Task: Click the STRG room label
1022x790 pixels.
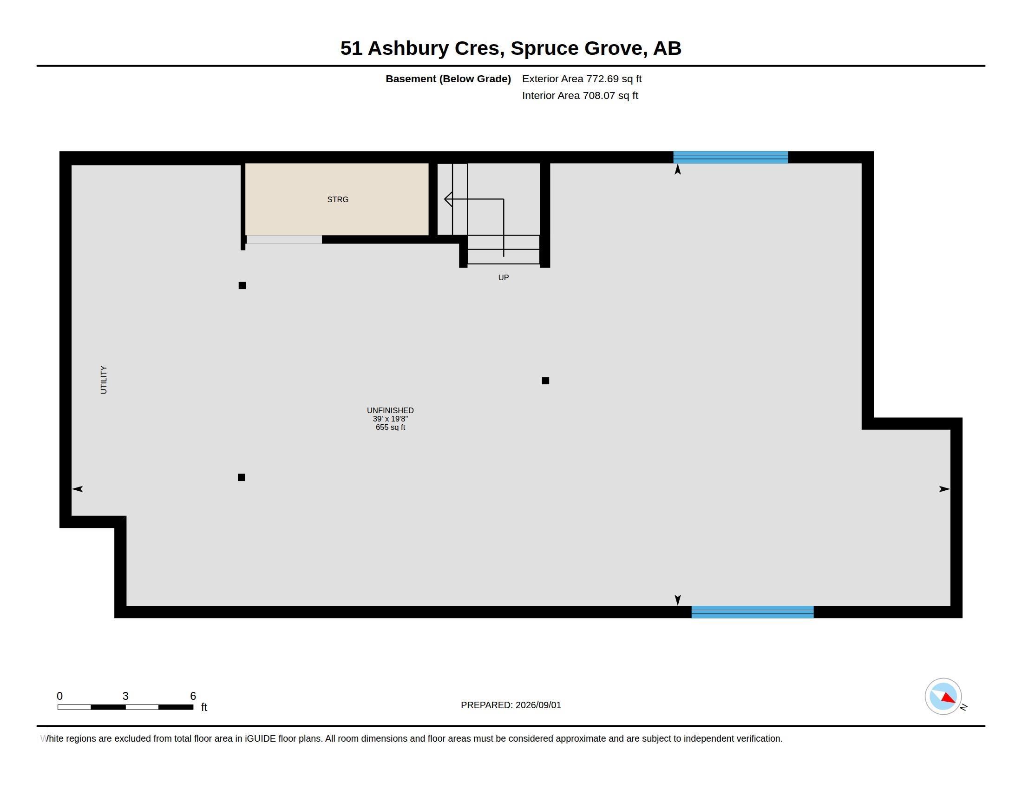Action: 337,199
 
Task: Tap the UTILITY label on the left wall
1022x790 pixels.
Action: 104,380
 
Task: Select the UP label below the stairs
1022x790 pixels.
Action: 504,277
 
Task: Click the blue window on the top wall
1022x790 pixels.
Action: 730,157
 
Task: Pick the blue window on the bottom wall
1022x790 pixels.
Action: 753,612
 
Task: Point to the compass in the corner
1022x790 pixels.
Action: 943,697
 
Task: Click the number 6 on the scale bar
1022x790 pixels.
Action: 193,696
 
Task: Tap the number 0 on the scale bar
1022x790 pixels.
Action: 59,696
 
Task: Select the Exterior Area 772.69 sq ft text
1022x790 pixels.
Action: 582,79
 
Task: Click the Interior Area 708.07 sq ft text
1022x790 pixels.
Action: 580,95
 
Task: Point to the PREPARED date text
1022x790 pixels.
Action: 511,705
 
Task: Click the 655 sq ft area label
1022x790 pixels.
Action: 390,427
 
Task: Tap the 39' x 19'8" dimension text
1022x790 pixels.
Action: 390,419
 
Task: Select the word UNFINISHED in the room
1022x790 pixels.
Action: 390,410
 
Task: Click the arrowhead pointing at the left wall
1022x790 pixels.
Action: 77,489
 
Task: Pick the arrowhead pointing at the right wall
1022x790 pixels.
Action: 944,489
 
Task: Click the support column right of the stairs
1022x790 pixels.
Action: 545,381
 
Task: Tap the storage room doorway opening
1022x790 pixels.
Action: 284,240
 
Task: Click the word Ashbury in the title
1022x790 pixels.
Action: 408,48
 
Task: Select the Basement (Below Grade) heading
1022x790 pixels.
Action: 448,79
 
